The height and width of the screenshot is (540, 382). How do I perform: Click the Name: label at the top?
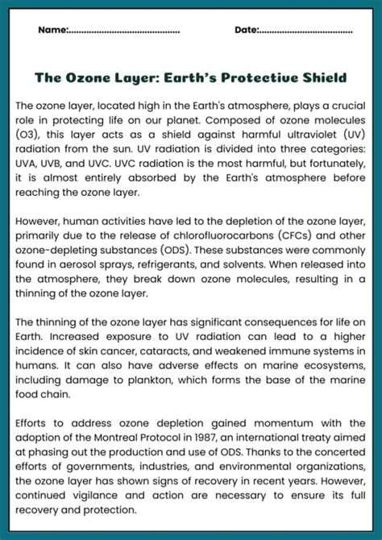point(52,31)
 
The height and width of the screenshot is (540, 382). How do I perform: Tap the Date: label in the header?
point(246,31)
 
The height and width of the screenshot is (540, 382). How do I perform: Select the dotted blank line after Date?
point(305,31)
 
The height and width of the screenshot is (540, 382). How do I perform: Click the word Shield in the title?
point(321,78)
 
